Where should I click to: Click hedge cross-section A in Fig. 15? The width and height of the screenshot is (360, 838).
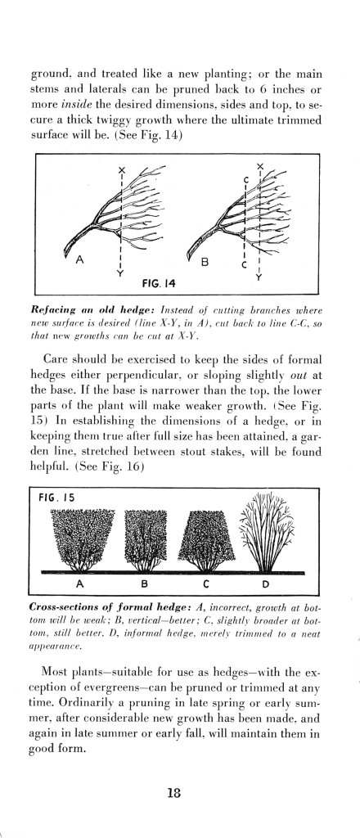80,536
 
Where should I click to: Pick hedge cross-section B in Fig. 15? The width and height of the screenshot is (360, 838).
145,536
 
